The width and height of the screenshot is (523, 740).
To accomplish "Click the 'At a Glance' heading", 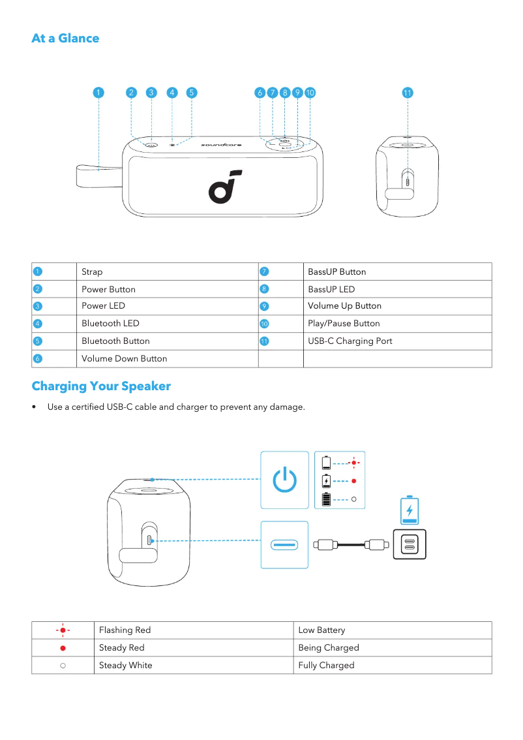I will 65,39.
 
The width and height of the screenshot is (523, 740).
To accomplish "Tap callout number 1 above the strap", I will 97,93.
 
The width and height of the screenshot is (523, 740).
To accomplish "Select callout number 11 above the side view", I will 408,93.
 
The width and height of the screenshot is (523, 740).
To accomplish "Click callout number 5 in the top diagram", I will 192,93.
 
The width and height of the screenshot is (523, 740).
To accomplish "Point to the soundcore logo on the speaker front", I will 225,185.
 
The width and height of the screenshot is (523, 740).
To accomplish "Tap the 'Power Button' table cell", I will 108,289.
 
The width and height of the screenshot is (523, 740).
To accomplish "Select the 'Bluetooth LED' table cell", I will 110,324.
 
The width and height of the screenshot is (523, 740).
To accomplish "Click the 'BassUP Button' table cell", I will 336,271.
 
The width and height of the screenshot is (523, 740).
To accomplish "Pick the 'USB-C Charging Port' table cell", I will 350,341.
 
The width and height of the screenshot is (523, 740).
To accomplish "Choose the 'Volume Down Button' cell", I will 124,359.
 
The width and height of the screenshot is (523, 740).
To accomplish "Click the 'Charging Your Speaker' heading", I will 101,386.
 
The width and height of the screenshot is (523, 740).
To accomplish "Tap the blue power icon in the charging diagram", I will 284,480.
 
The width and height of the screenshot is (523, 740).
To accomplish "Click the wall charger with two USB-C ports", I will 410,544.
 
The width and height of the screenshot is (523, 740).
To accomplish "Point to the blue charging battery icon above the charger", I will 410,510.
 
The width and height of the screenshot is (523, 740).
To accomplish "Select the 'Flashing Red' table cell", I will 125,630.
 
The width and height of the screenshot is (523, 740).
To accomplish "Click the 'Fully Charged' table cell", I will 326,666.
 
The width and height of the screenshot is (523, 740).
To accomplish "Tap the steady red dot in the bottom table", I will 63,648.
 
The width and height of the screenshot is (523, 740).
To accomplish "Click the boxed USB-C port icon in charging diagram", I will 284,544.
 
